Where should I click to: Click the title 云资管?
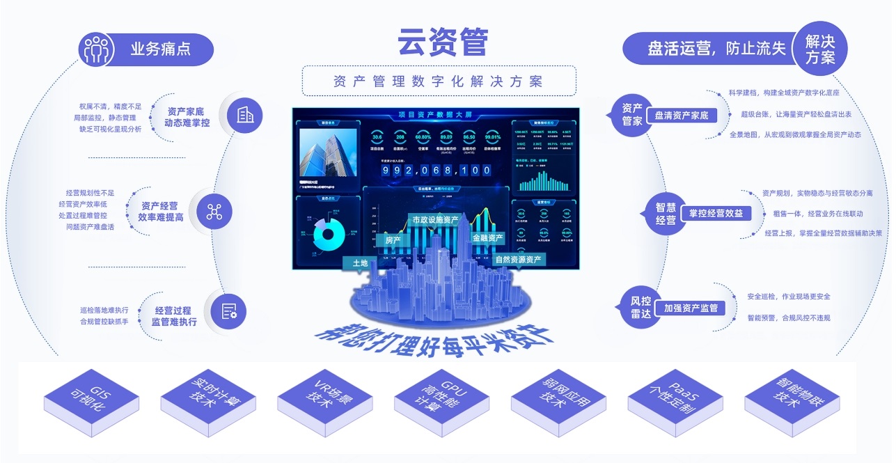click(x=443, y=42)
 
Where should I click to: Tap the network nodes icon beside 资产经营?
click(x=214, y=212)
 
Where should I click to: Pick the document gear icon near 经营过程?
click(x=228, y=311)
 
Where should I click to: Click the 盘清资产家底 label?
click(x=681, y=116)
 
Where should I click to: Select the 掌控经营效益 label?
click(x=716, y=213)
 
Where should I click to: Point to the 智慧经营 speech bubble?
click(x=666, y=213)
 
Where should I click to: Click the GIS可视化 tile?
click(x=91, y=400)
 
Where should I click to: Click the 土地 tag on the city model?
click(x=360, y=263)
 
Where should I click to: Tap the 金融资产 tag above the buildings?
click(x=487, y=237)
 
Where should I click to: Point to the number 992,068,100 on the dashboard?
click(x=437, y=170)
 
